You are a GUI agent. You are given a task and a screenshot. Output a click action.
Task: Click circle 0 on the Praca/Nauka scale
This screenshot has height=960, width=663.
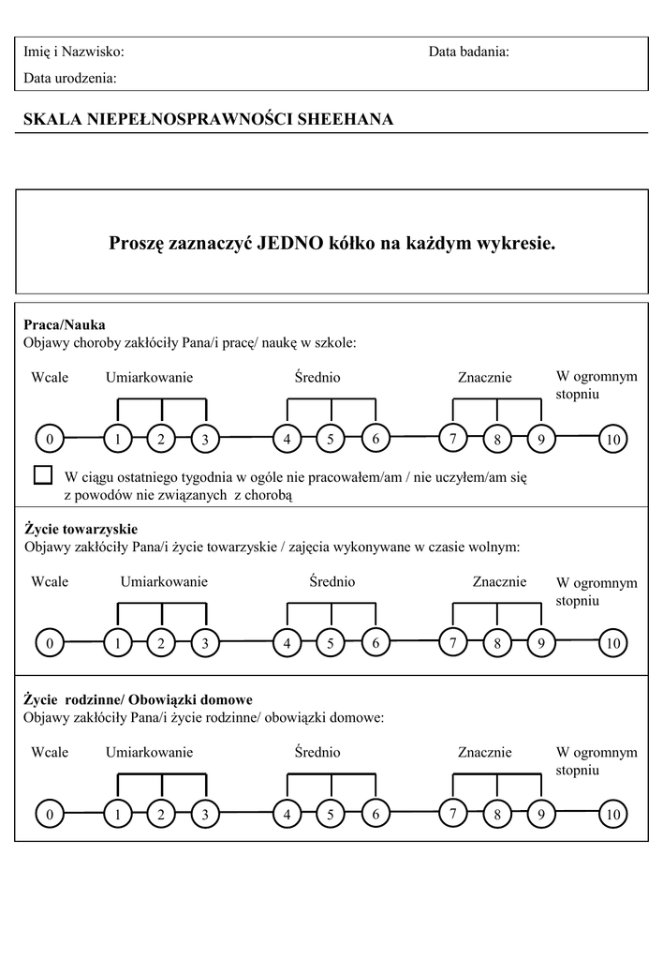click(x=49, y=439)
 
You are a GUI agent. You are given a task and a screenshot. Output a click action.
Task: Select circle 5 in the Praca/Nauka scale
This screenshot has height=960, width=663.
click(x=331, y=439)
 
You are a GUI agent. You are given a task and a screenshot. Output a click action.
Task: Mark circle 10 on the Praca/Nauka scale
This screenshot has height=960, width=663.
click(x=613, y=439)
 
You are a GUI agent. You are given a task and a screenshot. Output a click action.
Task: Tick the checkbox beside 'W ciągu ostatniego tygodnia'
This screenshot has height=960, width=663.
click(x=43, y=474)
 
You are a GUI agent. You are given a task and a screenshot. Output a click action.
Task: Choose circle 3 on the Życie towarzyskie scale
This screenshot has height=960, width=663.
click(x=204, y=643)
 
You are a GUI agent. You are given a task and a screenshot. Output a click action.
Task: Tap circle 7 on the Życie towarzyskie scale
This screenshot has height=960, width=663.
click(x=453, y=642)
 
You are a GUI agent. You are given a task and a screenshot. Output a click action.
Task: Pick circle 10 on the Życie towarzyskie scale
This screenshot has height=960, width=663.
click(x=613, y=643)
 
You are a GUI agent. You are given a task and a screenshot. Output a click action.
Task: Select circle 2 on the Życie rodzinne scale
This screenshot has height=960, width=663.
click(x=161, y=815)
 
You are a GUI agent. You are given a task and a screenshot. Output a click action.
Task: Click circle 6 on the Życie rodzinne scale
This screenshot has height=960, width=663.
click(x=375, y=814)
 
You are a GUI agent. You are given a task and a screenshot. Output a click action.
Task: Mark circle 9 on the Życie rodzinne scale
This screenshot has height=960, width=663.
click(x=541, y=815)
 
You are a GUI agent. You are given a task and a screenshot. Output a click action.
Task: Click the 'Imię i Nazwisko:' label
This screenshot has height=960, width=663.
click(x=73, y=52)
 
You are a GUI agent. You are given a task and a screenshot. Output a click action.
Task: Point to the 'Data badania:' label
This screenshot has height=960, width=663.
click(x=468, y=52)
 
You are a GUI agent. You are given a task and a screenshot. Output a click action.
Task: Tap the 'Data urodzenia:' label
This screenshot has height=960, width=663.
click(x=70, y=79)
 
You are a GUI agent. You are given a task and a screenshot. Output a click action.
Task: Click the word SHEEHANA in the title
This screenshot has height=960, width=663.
click(x=345, y=119)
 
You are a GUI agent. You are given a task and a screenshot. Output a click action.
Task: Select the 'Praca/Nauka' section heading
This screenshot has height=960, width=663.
click(x=64, y=325)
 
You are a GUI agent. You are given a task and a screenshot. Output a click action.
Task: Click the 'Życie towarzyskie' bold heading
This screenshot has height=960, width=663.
click(x=81, y=529)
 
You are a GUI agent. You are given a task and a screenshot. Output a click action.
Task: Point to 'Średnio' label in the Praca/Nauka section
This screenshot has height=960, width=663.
click(x=317, y=377)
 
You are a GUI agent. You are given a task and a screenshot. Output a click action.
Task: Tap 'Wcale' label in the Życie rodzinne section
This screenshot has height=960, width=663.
click(x=50, y=752)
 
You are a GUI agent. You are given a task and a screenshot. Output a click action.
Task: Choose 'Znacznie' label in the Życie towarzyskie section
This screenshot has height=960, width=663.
click(x=499, y=581)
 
